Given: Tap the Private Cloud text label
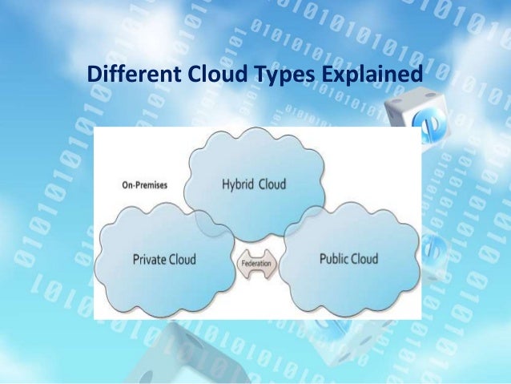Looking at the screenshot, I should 164,260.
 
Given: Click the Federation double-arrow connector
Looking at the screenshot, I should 257,261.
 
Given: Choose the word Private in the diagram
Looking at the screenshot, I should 150,260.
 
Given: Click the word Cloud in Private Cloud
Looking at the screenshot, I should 182,260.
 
